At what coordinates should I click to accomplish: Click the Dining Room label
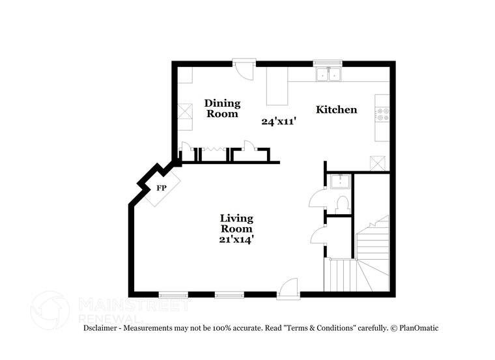[x=223, y=108]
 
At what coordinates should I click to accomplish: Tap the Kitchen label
[x=336, y=109]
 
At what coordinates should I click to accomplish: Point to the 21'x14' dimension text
[x=236, y=240]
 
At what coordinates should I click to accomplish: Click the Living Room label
[x=236, y=223]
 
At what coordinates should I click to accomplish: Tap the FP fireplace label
[x=161, y=188]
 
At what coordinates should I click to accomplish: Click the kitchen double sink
[x=328, y=75]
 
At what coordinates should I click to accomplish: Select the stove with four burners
[x=382, y=115]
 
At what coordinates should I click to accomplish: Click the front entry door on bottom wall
[x=289, y=288]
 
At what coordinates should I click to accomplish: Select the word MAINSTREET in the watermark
[x=134, y=304]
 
